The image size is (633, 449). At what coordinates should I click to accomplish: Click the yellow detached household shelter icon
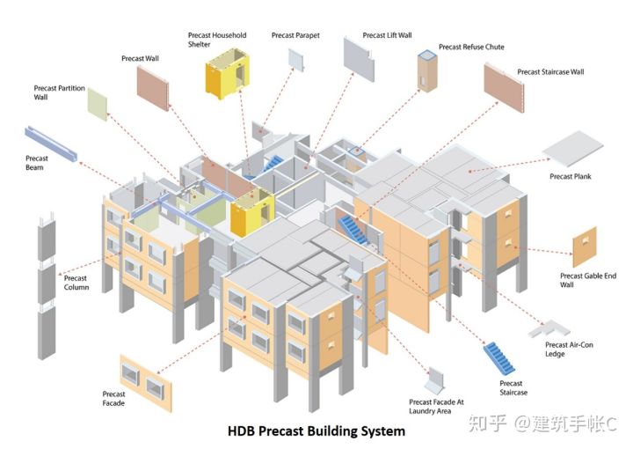(228, 74)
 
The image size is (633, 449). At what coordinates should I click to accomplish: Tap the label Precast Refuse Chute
(471, 47)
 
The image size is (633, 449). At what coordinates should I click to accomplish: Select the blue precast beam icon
(51, 144)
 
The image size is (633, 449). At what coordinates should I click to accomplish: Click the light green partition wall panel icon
(98, 104)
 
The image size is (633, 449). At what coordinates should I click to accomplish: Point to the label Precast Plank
(570, 177)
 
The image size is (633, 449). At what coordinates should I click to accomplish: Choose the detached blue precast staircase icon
(499, 357)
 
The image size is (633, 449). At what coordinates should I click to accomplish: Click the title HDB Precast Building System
(316, 431)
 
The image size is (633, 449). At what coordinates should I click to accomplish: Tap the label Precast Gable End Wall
(588, 280)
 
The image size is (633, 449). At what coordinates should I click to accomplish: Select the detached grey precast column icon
(47, 285)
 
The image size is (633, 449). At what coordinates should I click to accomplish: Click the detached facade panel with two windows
(146, 383)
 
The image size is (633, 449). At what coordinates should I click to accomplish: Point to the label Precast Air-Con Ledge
(569, 350)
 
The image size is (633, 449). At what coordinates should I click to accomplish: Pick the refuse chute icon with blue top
(427, 70)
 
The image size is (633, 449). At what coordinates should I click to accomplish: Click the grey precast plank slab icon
(573, 148)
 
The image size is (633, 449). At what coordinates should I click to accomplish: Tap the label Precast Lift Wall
(387, 35)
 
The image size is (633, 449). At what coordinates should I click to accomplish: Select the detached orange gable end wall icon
(584, 247)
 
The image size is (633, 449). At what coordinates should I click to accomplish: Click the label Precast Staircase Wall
(550, 72)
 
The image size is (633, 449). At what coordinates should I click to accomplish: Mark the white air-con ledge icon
(549, 328)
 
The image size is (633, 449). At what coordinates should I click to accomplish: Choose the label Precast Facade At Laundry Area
(436, 407)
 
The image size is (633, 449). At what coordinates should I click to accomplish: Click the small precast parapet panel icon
(296, 60)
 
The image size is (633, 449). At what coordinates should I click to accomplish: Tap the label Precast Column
(76, 283)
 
